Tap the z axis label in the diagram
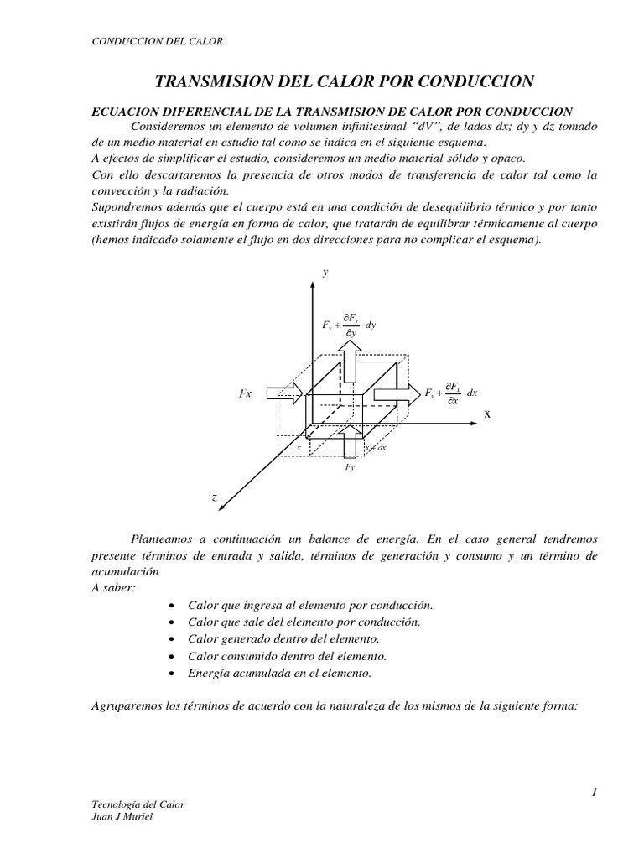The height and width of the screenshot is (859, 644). pyautogui.click(x=215, y=497)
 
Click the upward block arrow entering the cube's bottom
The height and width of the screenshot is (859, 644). pyautogui.click(x=351, y=441)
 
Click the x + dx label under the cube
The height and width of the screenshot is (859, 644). pyautogui.click(x=374, y=448)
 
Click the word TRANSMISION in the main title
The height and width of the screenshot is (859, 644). pyautogui.click(x=214, y=81)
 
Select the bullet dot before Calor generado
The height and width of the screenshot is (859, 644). pyautogui.click(x=171, y=639)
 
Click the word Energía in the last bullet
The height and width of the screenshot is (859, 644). pyautogui.click(x=207, y=673)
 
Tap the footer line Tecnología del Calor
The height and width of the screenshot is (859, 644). pyautogui.click(x=137, y=804)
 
